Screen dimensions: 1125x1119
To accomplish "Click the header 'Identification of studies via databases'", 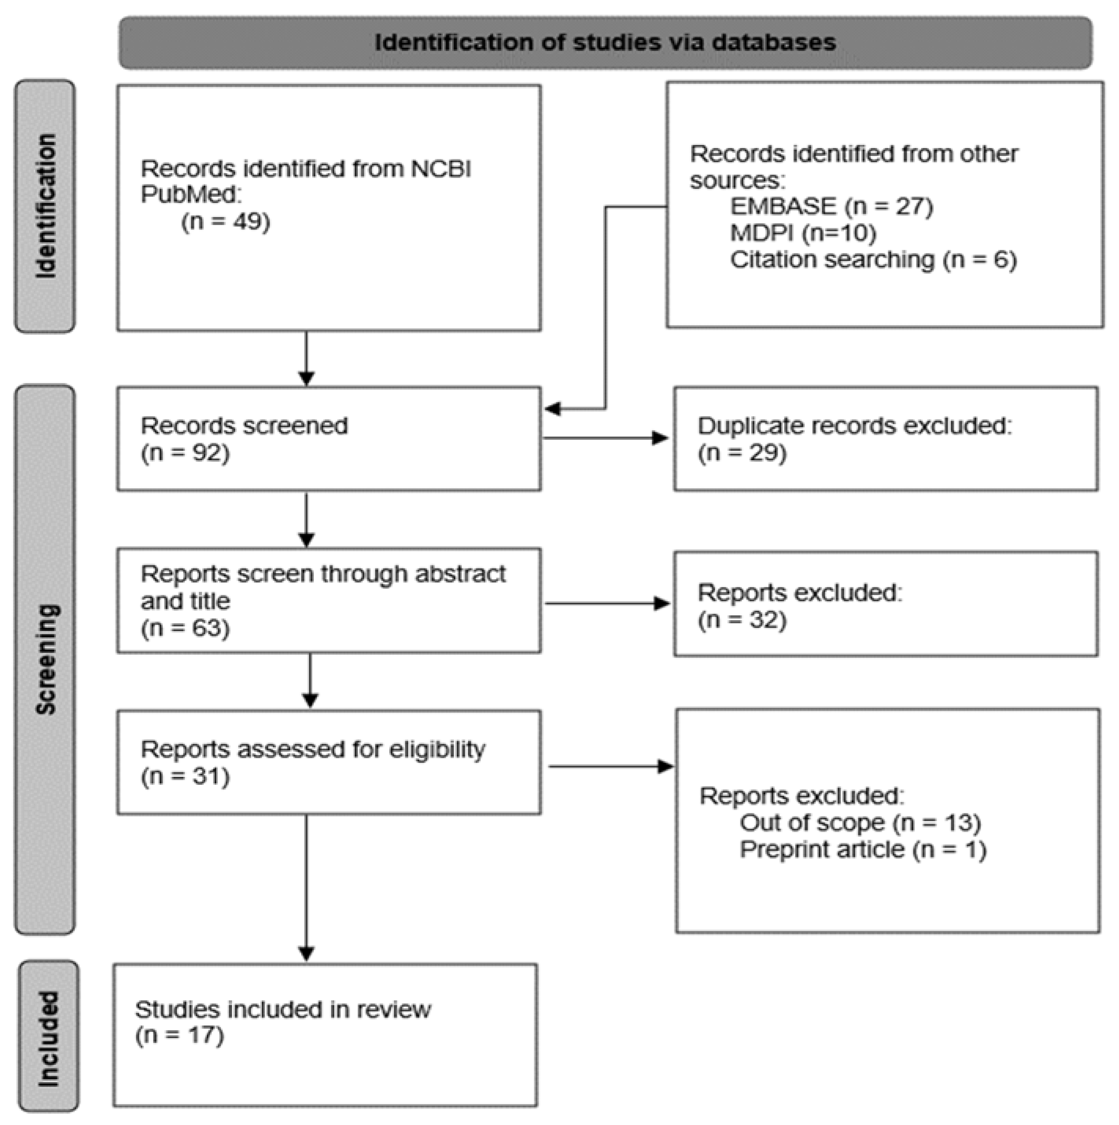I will [x=605, y=42].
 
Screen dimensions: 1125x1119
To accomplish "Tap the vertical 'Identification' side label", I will [x=46, y=206].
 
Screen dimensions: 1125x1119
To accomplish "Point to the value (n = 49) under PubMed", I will [x=226, y=222].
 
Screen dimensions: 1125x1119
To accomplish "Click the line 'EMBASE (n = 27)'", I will [x=831, y=207].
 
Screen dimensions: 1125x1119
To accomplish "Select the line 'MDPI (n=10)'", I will [x=803, y=233].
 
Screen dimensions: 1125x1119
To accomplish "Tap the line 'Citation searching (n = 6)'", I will [x=872, y=260].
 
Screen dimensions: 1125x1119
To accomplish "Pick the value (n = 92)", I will [x=185, y=453].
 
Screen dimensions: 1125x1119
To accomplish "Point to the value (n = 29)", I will [x=742, y=453].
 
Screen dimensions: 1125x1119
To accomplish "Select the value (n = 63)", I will [x=185, y=628].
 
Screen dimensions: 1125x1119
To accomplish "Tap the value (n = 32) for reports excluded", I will [x=742, y=620].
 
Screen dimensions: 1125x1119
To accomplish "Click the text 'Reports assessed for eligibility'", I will [x=313, y=749].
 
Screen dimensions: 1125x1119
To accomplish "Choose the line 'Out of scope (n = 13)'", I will [x=860, y=823].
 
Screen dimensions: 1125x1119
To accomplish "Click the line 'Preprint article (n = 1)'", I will [x=863, y=850].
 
